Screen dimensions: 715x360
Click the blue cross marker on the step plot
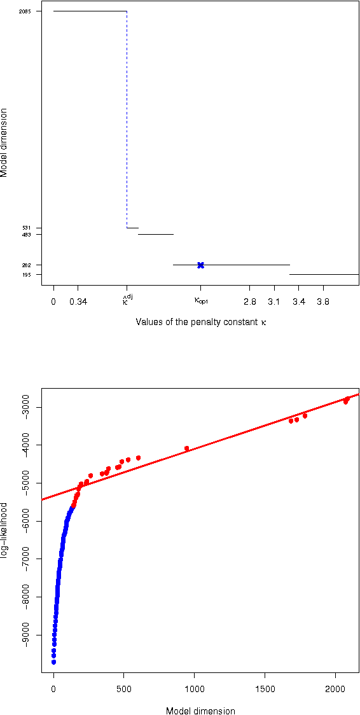click(200, 265)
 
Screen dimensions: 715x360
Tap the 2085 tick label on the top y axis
click(25, 11)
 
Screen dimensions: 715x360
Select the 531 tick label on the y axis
click(27, 228)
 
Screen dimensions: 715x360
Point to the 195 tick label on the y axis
click(27, 274)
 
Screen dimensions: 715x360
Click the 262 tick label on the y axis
click(27, 265)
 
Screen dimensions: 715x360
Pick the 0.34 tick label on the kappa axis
click(78, 302)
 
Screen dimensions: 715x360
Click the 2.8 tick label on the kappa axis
click(249, 302)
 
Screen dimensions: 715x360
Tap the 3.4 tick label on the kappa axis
click(299, 302)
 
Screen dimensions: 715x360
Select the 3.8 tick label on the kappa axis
click(323, 302)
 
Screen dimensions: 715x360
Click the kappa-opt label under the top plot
click(201, 301)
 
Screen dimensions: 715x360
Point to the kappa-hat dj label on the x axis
click(128, 300)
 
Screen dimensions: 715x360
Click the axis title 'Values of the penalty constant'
click(201, 322)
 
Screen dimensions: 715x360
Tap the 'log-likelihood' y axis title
click(5, 530)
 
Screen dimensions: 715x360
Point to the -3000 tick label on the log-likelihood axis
click(27, 407)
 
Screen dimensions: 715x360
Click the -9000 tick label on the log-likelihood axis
click(27, 635)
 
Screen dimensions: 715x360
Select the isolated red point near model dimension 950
click(186, 448)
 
